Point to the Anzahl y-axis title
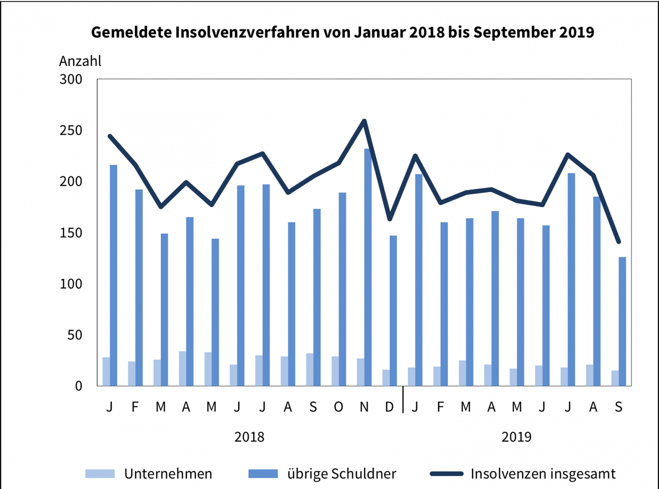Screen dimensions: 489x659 [x=80, y=61]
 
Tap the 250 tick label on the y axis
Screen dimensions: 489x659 [x=71, y=131]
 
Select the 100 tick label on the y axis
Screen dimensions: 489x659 [x=71, y=284]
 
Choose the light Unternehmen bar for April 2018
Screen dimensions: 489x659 [x=183, y=368]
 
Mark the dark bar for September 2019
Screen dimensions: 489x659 [x=622, y=321]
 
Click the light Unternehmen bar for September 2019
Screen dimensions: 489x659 [x=615, y=378]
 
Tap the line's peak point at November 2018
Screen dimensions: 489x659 [x=364, y=121]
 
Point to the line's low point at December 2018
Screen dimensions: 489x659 [x=389, y=219]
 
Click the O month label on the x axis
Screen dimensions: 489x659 [x=338, y=407]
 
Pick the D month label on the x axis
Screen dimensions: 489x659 [x=389, y=407]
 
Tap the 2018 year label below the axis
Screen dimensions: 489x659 [x=249, y=437]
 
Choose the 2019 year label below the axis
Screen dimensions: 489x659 [x=516, y=437]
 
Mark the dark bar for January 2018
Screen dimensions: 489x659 [x=113, y=275]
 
